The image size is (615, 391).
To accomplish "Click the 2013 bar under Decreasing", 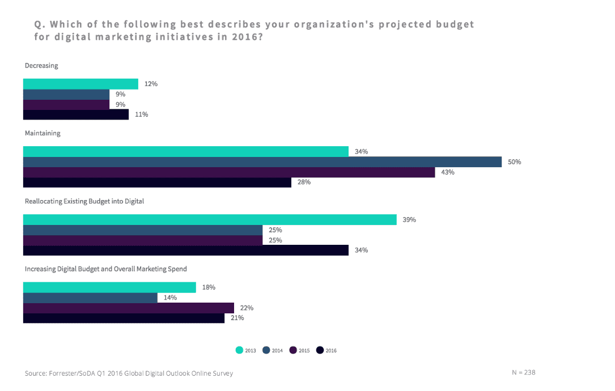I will coord(80,84).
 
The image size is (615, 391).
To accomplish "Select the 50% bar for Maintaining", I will coord(262,162).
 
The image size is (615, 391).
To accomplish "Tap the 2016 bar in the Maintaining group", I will coord(157,182).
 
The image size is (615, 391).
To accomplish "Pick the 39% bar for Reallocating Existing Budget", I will coord(210,220).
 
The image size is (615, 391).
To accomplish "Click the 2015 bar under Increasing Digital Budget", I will coord(128,308).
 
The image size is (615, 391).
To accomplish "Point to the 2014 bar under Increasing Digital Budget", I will coord(90,297).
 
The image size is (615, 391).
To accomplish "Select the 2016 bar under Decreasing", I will coord(76,114).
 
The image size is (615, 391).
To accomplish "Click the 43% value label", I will coord(448,172).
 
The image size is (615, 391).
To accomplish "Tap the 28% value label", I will coord(304,182).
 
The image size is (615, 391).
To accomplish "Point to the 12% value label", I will coord(151,84).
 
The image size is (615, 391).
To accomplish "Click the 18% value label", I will coord(209,287).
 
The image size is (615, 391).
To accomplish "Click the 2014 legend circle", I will coord(267,350).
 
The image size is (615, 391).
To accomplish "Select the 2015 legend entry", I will coord(299,350).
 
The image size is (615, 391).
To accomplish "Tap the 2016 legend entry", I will coord(326,350).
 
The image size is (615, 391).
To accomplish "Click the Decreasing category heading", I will coord(41,66).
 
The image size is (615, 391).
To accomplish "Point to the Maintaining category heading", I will coord(43,134).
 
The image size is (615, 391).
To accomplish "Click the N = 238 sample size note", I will coord(523,372).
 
